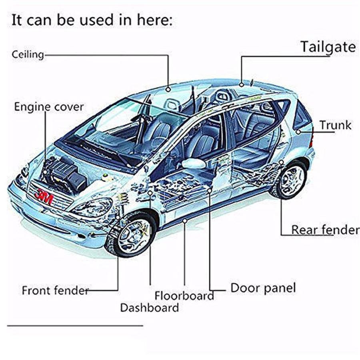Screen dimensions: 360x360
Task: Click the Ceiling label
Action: point(28,54)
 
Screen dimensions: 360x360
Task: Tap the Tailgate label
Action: point(328,47)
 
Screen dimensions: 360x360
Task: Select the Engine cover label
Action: point(49,107)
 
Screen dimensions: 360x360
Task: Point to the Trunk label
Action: point(335,125)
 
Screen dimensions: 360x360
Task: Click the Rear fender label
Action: point(325,230)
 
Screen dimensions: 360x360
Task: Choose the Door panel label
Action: point(263,288)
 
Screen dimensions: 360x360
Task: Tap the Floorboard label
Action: point(184,296)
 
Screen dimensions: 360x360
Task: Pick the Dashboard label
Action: point(149,308)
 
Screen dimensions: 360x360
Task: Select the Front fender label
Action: point(55,290)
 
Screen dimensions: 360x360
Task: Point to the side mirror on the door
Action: point(194,163)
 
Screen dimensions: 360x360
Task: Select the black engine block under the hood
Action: point(64,174)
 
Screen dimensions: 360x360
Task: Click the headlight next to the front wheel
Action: point(92,207)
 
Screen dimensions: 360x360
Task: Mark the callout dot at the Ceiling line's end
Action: point(168,89)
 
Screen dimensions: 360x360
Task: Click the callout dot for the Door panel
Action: point(209,191)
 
